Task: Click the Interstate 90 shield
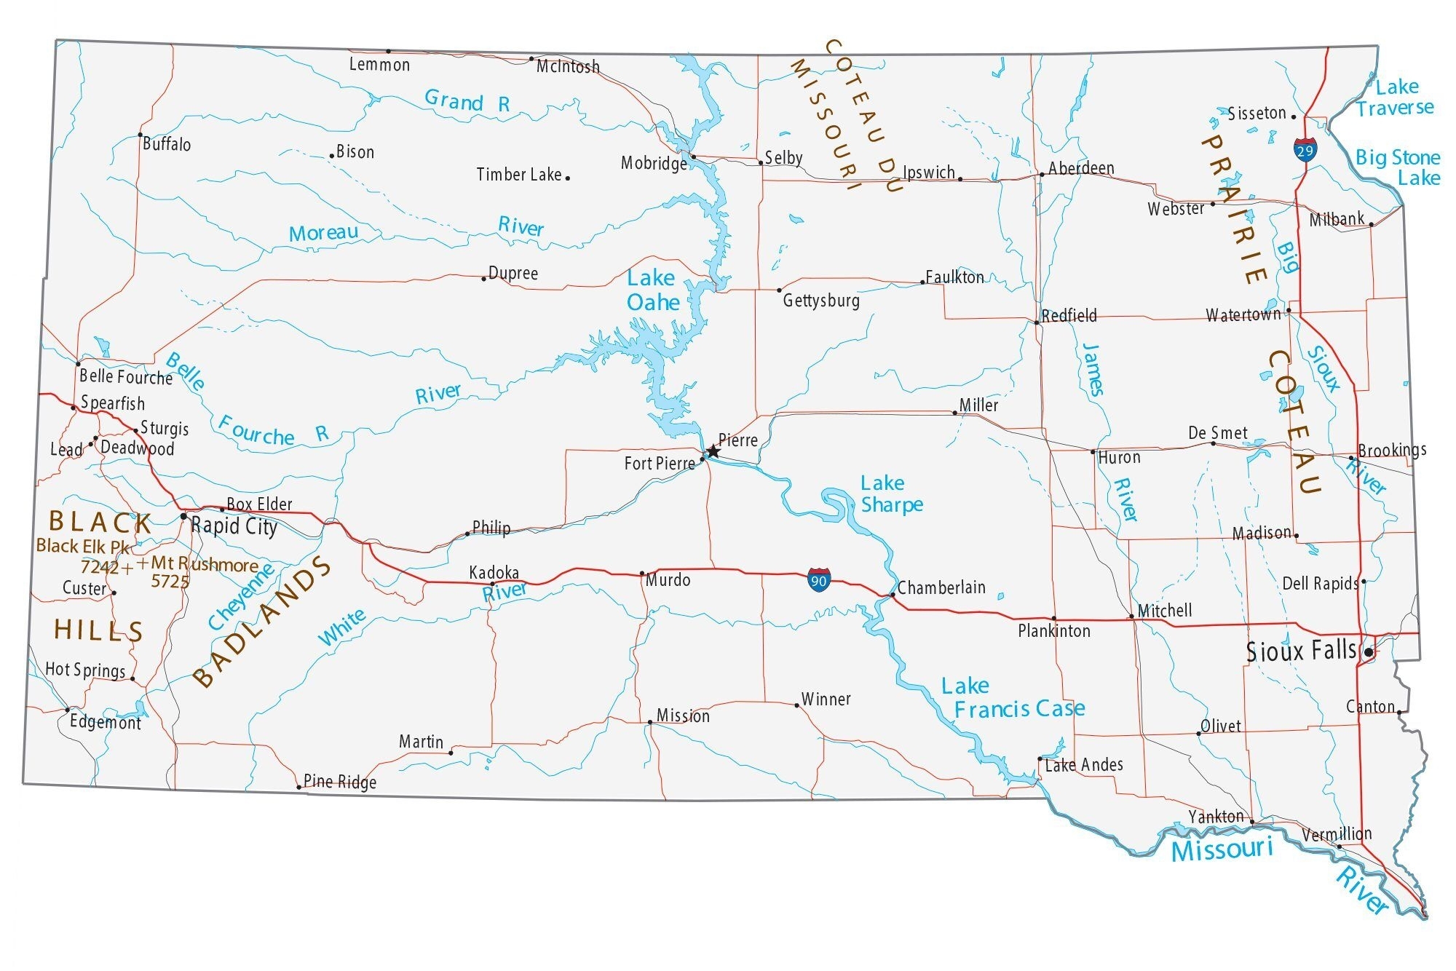tap(818, 580)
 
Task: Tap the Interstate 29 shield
tap(1305, 150)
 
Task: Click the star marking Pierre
tap(713, 452)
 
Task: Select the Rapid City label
tap(234, 526)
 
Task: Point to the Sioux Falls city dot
tap(1369, 652)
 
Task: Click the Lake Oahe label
tap(653, 290)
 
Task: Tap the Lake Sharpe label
tap(891, 494)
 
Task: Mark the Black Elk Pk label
tap(83, 547)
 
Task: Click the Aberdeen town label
tap(1081, 168)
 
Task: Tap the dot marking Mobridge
tap(693, 156)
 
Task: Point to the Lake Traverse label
tap(1396, 98)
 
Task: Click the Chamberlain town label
tap(941, 587)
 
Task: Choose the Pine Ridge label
tap(340, 782)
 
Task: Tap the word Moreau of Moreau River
tap(323, 234)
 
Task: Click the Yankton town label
tap(1216, 817)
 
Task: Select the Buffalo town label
tap(167, 144)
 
